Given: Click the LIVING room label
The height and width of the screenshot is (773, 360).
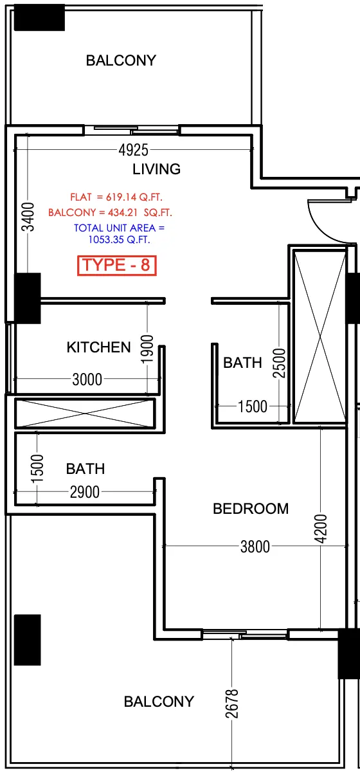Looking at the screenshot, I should point(156,169).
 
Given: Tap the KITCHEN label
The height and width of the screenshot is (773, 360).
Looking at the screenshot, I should point(98,347).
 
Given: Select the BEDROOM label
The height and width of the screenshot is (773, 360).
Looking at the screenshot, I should point(251,509).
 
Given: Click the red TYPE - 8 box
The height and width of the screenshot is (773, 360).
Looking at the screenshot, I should point(117,265).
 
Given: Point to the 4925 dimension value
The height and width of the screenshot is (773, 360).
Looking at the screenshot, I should point(133,150).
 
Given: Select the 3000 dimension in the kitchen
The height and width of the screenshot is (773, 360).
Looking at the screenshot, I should point(87,379).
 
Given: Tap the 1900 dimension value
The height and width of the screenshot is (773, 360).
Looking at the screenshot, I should point(147,349).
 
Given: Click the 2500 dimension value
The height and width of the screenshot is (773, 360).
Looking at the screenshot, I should point(279,364).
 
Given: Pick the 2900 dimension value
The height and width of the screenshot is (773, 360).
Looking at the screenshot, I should point(84,492).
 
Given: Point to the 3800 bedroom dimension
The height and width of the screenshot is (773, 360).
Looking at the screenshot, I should point(255,547).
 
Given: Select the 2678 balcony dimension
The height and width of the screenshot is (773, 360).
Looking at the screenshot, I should point(232,705).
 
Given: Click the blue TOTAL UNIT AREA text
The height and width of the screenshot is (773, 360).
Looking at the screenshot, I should point(120,234).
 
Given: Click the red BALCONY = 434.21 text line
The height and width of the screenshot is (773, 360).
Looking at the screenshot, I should point(110,212).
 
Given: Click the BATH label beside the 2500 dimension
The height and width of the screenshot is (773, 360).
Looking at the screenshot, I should point(242,363).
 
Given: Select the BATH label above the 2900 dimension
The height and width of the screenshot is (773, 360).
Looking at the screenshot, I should point(85,469).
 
